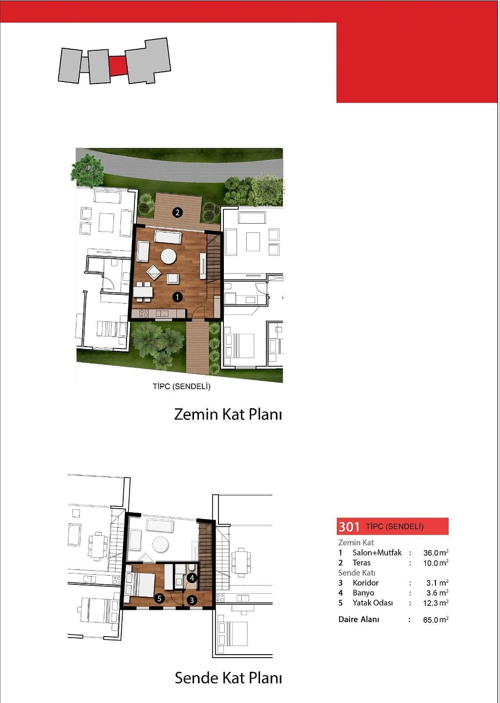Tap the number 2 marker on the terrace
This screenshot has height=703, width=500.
[177, 212]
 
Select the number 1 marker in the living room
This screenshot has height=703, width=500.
[177, 297]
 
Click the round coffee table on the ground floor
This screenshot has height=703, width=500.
[169, 256]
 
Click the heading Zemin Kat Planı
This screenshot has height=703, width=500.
[228, 414]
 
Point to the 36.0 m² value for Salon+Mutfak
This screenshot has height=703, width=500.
[435, 552]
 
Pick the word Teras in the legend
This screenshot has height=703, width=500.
[361, 562]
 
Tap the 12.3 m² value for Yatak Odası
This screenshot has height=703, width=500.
[435, 602]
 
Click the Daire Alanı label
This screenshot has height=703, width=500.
[359, 619]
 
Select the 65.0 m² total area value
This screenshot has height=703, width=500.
[435, 620]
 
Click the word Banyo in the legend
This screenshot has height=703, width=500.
[363, 593]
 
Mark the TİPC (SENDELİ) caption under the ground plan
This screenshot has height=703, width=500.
[181, 386]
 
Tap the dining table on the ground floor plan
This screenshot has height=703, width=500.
[143, 292]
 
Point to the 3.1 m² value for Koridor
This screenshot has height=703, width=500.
[437, 583]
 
